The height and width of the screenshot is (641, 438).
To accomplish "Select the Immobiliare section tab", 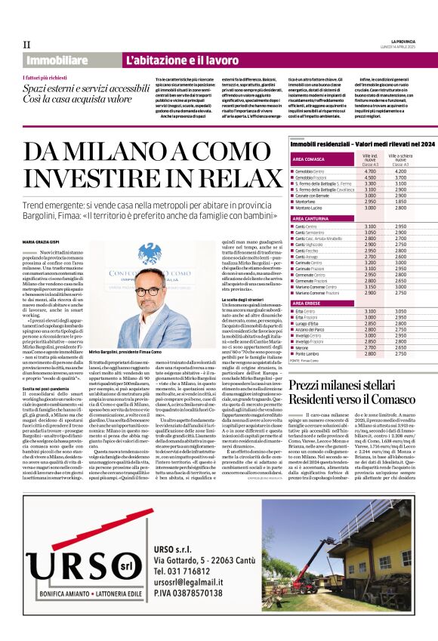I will point(57,60).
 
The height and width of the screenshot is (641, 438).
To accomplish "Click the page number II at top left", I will point(26,45).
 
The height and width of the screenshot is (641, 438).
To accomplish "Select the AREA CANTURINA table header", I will point(311,217).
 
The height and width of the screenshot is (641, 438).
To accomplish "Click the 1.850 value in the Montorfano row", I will point(401,202).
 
